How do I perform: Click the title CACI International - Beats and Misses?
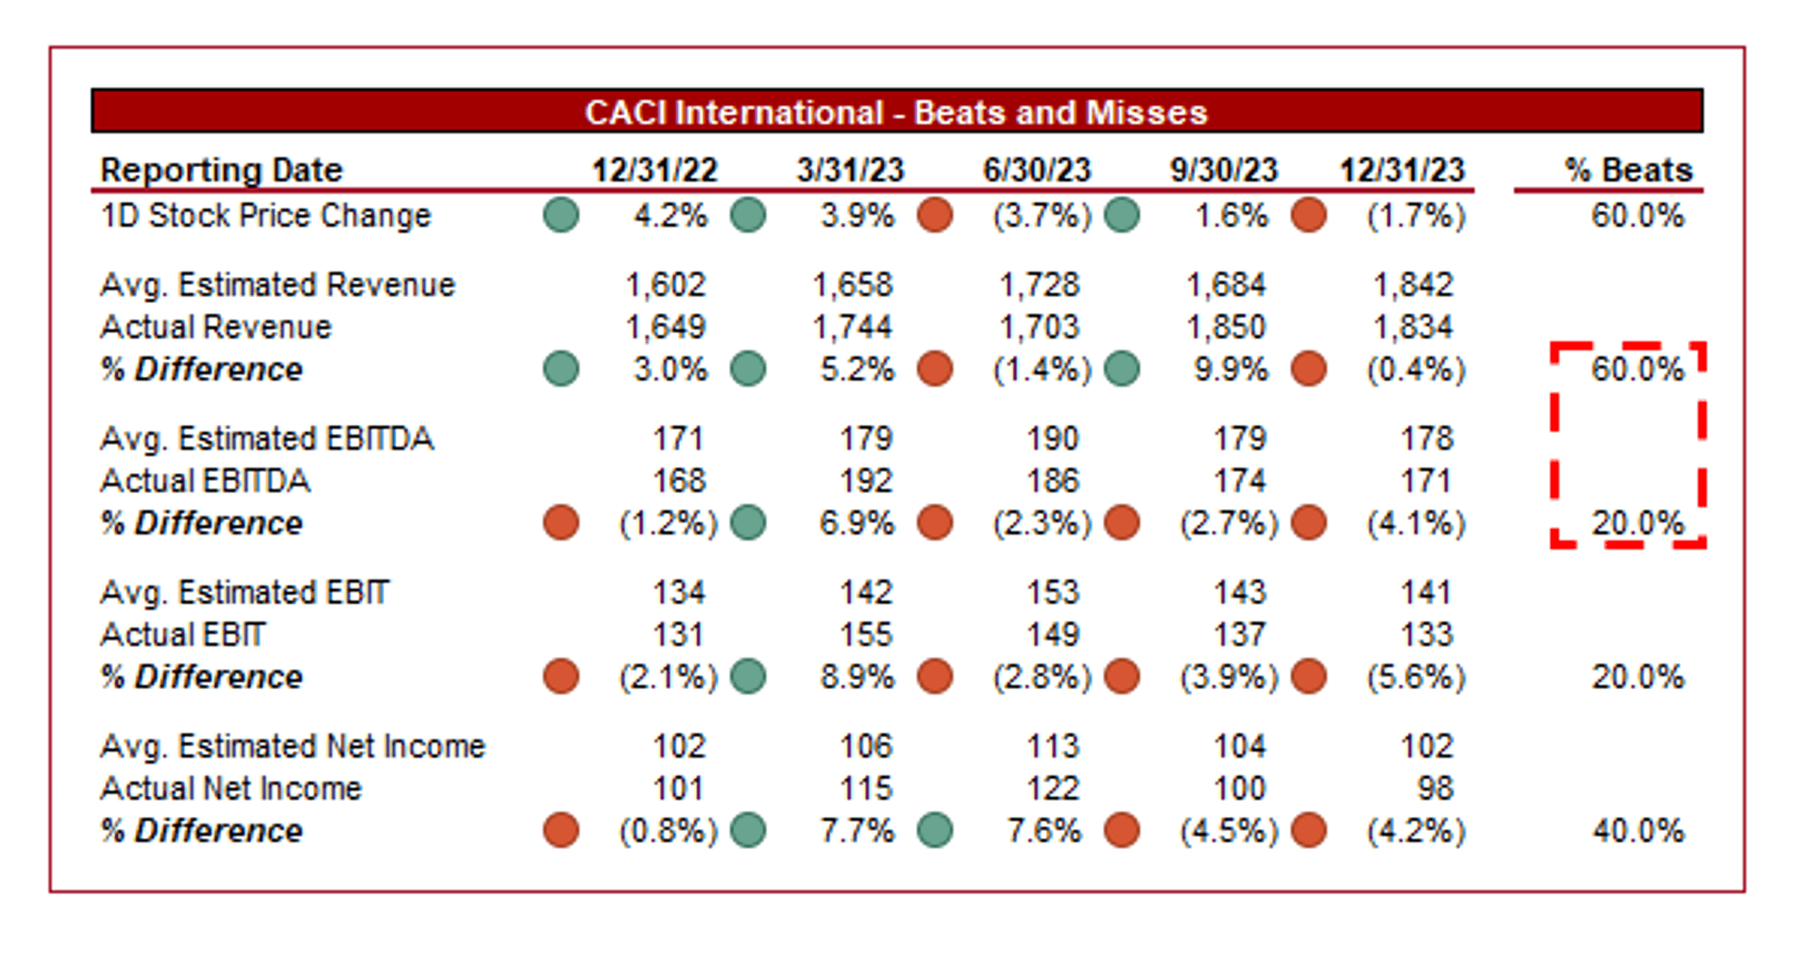pyautogui.click(x=896, y=113)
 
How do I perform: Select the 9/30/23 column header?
pyautogui.click(x=1222, y=170)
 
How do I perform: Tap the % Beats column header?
pyautogui.click(x=1628, y=170)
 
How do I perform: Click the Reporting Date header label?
pyautogui.click(x=221, y=170)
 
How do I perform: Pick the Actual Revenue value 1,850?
pyautogui.click(x=1226, y=327)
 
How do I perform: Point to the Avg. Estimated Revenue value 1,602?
pyautogui.click(x=665, y=285)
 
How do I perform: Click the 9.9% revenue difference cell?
pyautogui.click(x=1231, y=370)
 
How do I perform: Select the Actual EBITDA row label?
pyautogui.click(x=205, y=480)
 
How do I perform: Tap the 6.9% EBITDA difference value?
pyautogui.click(x=857, y=523)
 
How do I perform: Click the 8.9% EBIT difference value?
pyautogui.click(x=857, y=676)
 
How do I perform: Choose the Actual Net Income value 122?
pyautogui.click(x=1053, y=788)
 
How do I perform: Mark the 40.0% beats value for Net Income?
pyautogui.click(x=1638, y=831)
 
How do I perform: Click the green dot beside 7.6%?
pyautogui.click(x=935, y=831)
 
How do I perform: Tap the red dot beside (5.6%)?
pyautogui.click(x=1309, y=676)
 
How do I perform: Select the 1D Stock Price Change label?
pyautogui.click(x=266, y=216)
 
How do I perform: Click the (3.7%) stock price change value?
pyautogui.click(x=1042, y=216)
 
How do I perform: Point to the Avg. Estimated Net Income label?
pyautogui.click(x=292, y=746)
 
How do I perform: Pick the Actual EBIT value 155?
pyautogui.click(x=866, y=635)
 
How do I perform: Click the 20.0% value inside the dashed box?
pyautogui.click(x=1638, y=523)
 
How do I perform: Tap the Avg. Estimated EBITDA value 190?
pyautogui.click(x=1053, y=439)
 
